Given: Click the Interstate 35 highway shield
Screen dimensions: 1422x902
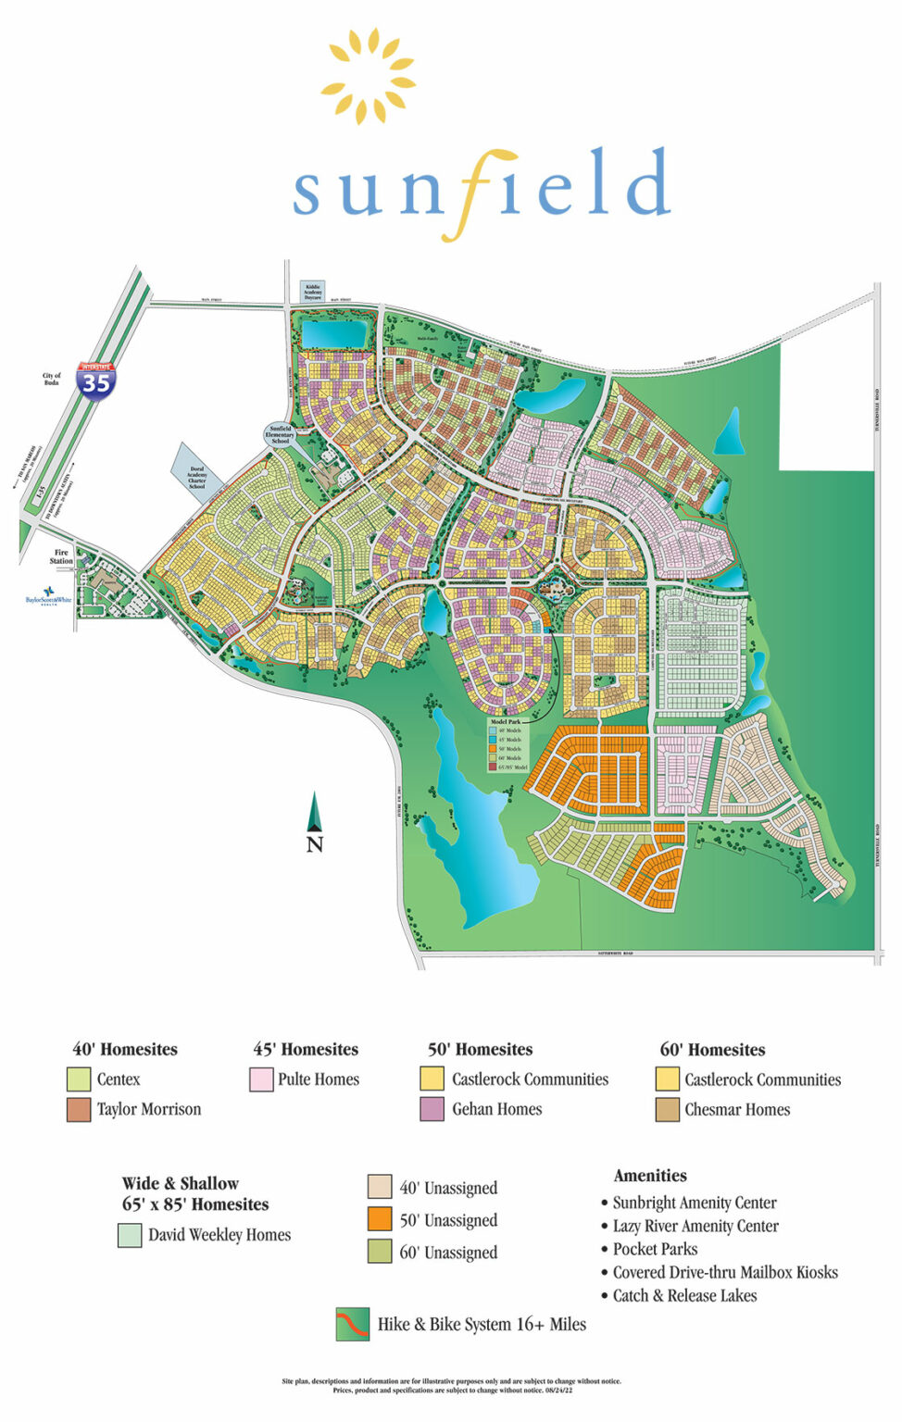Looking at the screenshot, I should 96,380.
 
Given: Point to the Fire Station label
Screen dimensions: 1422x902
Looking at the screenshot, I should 61,556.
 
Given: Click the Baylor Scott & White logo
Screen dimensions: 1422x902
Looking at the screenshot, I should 48,596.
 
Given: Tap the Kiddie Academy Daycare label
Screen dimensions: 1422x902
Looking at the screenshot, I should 313,293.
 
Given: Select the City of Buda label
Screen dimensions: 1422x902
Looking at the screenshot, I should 52,380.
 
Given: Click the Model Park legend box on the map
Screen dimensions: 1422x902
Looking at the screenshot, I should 507,744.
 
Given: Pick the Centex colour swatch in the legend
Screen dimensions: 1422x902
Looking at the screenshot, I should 79,1079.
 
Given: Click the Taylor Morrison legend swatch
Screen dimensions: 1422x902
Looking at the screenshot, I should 79,1109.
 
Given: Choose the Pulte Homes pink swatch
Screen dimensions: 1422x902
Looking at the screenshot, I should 261,1079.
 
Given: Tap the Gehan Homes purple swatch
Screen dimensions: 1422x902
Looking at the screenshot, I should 432,1109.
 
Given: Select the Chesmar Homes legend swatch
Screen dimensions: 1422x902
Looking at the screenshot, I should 667,1109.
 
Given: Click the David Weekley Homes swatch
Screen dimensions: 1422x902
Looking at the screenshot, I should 130,1235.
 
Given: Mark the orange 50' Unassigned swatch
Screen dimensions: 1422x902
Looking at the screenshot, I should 380,1219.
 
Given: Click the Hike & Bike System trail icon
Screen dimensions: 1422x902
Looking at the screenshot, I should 353,1324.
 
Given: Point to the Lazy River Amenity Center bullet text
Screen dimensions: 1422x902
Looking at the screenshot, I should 695,1226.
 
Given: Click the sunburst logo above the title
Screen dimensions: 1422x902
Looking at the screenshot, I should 368,76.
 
